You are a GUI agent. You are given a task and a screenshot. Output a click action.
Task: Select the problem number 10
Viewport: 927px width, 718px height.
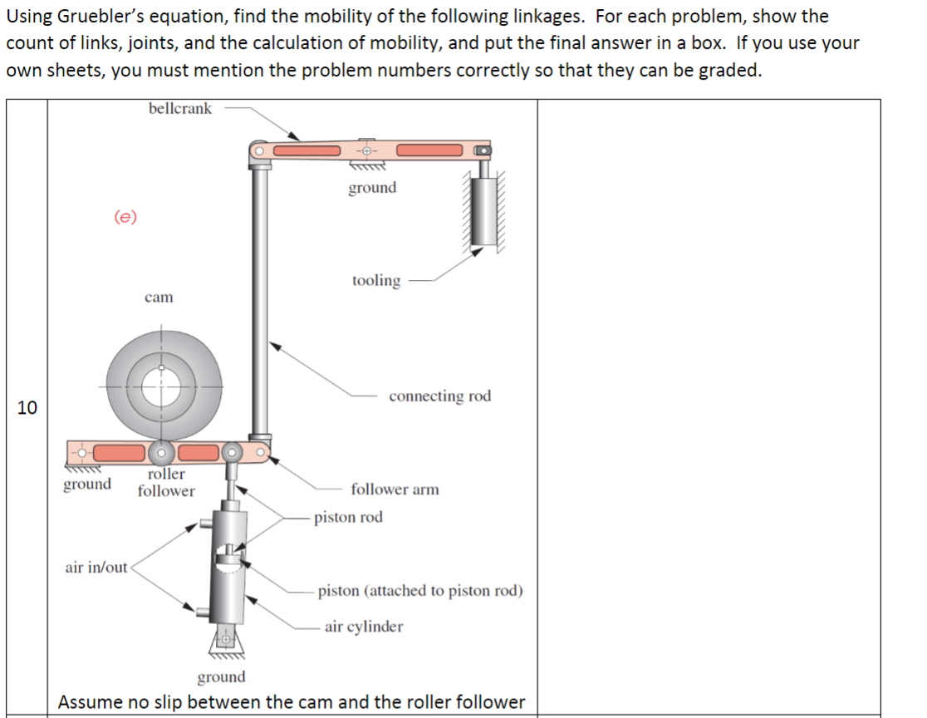click(x=27, y=407)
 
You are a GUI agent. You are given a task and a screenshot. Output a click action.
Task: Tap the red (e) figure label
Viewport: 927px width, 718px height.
click(x=125, y=217)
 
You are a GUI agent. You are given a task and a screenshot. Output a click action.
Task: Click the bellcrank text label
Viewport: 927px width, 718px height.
click(x=180, y=109)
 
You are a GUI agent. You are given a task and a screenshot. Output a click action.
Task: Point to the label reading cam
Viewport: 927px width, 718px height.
click(x=159, y=297)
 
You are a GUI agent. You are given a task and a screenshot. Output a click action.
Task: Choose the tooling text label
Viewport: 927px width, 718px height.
click(x=375, y=281)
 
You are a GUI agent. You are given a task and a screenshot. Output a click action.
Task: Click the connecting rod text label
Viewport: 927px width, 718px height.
click(x=439, y=396)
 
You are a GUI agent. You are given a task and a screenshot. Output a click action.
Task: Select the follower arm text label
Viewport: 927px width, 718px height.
click(x=395, y=489)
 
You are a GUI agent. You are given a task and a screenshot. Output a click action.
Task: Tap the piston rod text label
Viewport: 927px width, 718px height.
click(x=348, y=517)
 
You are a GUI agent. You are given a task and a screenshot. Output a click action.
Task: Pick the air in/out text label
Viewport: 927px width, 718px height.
click(x=96, y=568)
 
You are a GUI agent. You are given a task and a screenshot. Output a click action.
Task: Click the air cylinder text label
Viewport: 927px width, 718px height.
click(x=364, y=627)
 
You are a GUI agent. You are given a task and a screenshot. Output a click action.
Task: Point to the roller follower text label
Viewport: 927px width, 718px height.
click(x=166, y=482)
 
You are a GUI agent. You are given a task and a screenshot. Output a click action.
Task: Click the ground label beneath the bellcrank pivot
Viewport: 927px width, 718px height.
click(x=372, y=188)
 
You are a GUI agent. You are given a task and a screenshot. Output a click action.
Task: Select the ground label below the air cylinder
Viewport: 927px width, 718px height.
click(x=221, y=677)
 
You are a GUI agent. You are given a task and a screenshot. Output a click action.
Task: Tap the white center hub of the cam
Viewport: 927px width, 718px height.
click(x=162, y=386)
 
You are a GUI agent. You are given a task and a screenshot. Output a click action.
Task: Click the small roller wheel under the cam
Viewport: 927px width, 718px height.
click(x=162, y=453)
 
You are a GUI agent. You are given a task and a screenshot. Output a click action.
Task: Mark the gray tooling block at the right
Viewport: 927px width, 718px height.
click(x=483, y=212)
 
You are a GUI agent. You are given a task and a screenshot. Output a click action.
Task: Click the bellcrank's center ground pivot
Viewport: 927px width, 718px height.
click(x=365, y=150)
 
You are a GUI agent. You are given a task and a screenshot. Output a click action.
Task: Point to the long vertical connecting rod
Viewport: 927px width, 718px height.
click(x=260, y=299)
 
